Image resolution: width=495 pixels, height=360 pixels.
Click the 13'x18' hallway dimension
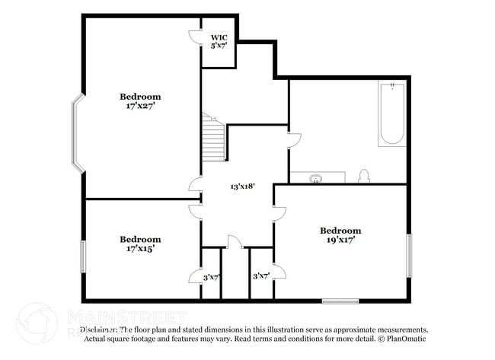[x=242, y=186]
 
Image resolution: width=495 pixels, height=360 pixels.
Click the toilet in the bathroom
[x=364, y=177]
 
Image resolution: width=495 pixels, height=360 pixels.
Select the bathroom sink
[x=317, y=178]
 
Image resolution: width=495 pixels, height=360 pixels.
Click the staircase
[x=214, y=139]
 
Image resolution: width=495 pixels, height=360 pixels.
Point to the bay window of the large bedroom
[x=77, y=132]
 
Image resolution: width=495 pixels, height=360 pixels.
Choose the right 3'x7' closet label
[x=260, y=276]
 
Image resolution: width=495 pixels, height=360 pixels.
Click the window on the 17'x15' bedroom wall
[x=83, y=256]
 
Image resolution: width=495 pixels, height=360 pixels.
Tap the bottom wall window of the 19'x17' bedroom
[x=340, y=301]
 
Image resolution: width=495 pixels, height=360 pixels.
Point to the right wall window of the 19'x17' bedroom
[x=409, y=256]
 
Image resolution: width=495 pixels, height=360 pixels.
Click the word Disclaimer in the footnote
[x=99, y=330]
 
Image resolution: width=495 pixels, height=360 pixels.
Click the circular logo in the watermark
[x=36, y=323]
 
